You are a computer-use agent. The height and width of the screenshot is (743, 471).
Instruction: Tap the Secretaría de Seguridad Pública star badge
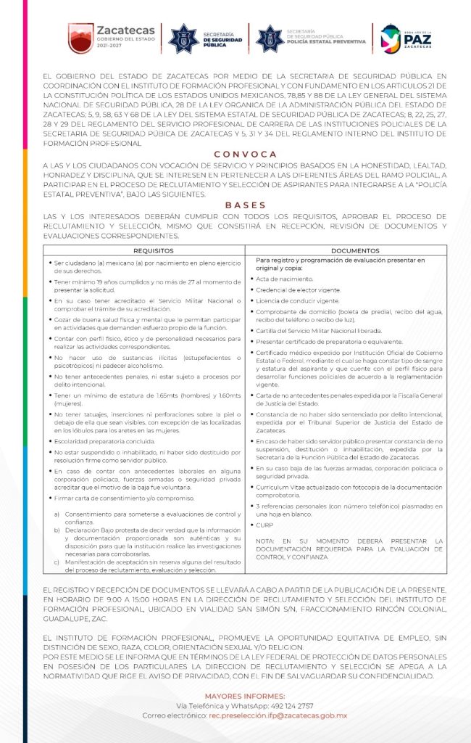(x=183, y=38)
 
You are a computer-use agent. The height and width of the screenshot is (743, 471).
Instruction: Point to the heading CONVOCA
(x=245, y=155)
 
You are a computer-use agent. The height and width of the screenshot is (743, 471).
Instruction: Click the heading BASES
(x=245, y=205)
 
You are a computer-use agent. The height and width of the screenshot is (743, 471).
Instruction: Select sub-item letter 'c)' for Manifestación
(x=57, y=562)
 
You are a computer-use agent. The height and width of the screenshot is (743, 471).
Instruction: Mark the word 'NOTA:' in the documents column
(x=265, y=541)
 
